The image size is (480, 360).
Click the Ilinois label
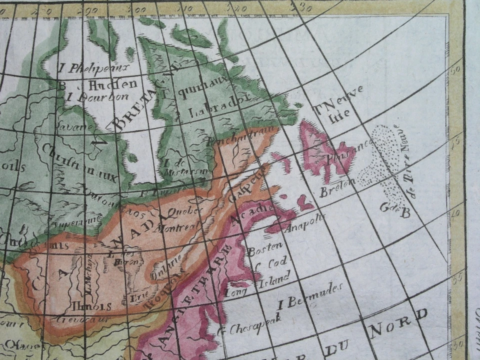click(91, 305)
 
